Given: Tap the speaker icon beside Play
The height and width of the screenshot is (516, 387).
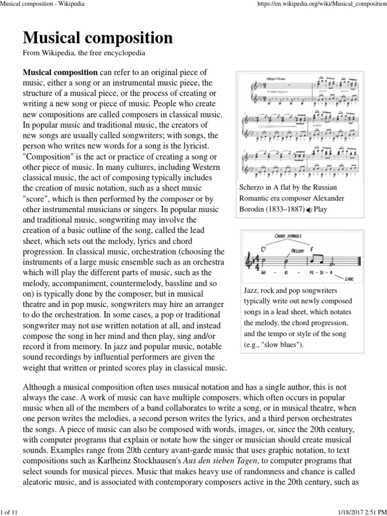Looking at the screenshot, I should point(309,210).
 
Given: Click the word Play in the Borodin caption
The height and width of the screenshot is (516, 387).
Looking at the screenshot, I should point(320,209).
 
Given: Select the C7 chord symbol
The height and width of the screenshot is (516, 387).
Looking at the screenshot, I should point(263,248).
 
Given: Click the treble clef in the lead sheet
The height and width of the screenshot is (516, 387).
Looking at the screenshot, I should point(247,261).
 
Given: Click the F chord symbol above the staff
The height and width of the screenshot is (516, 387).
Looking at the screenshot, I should point(312,249).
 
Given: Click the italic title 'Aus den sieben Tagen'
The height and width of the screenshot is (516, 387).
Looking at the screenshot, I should point(225,461).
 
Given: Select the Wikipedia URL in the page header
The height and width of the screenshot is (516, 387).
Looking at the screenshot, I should point(322,4).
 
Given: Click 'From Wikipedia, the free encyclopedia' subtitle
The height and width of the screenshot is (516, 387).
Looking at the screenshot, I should point(84,52).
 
